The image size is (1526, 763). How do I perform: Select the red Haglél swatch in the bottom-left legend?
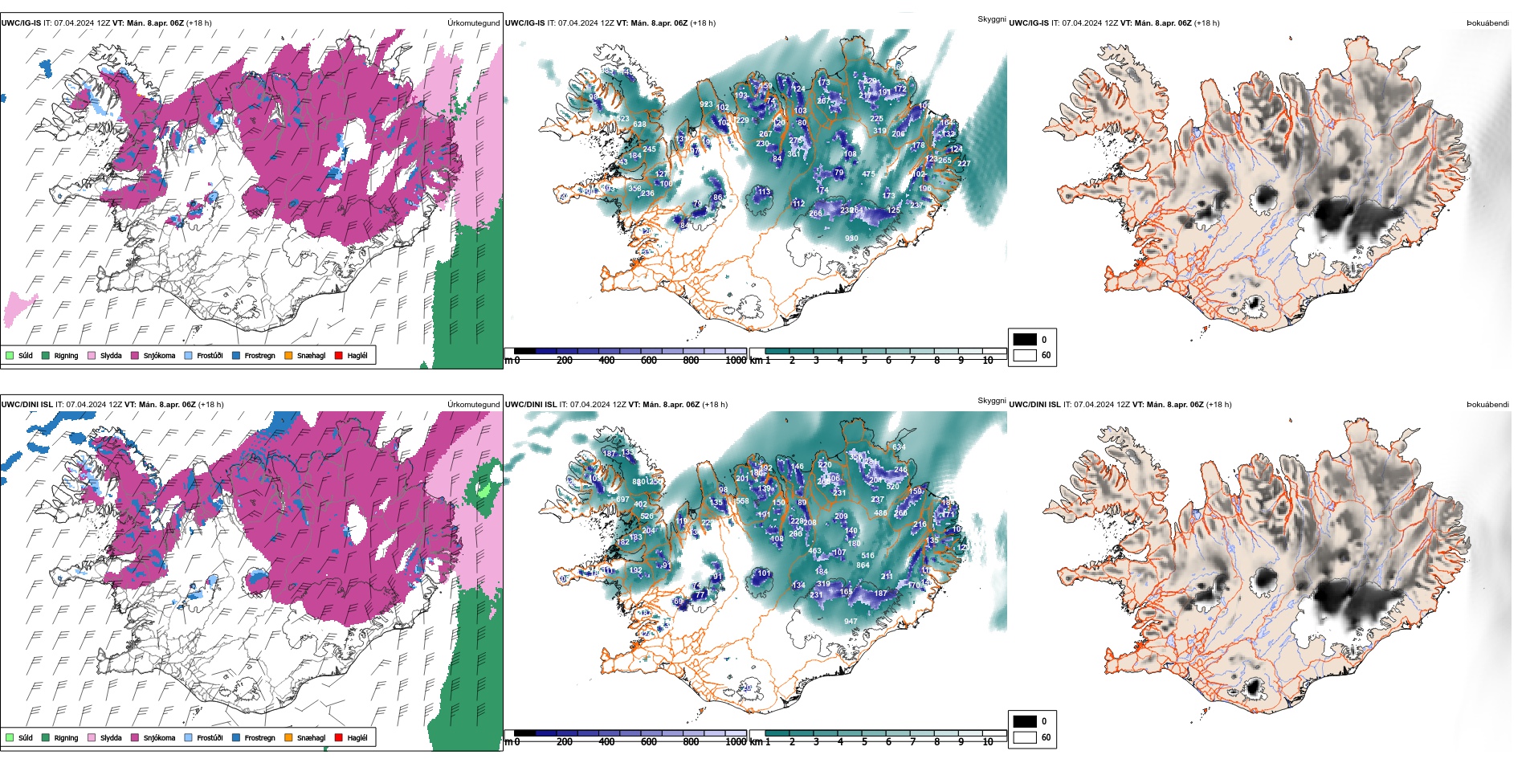coord(339,737)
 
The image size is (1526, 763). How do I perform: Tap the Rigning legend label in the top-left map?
coord(66,356)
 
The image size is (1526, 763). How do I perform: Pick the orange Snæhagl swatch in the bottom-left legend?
coord(288,737)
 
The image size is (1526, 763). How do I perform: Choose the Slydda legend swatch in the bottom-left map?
coord(92,737)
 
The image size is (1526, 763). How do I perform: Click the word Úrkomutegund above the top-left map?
coord(473,23)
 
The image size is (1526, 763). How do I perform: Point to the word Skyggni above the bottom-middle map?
coord(991,401)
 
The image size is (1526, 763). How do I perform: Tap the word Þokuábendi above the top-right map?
coord(1487,23)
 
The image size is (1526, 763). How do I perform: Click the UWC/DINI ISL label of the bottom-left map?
coord(27,405)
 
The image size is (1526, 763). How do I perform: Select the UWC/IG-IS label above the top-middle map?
coord(524,23)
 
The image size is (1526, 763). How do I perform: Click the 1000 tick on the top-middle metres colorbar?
coord(735,361)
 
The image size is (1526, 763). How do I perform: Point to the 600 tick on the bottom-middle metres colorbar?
coord(649,742)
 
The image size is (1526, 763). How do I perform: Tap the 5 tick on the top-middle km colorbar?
coord(864,361)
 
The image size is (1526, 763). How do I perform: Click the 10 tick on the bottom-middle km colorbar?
coord(987,742)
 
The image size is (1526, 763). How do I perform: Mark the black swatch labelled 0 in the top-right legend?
coord(1025,340)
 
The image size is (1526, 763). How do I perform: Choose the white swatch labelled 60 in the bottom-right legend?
coord(1025,737)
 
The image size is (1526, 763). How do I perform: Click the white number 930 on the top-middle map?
coord(851,239)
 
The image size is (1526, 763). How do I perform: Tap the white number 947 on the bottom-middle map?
coord(851,622)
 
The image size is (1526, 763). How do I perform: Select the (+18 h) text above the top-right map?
coord(1206,23)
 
